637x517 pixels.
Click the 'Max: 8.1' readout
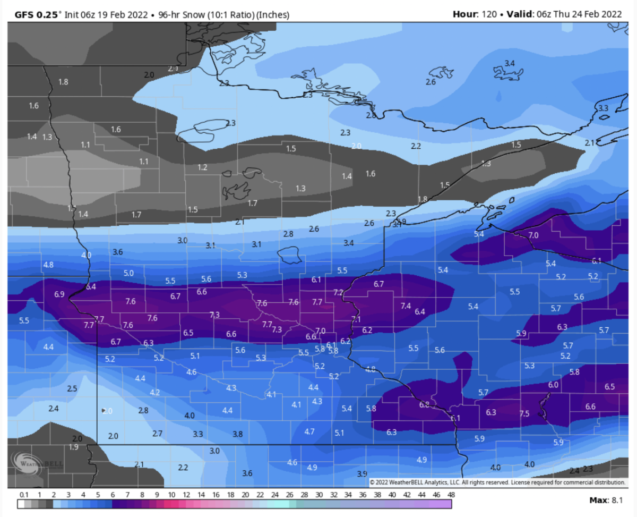click(x=605, y=500)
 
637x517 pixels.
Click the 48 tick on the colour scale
click(x=450, y=495)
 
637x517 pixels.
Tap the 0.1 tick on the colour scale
click(x=24, y=495)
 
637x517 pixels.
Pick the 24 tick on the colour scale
click(x=274, y=495)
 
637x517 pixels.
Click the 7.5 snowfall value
click(x=524, y=413)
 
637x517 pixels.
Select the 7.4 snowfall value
click(x=406, y=306)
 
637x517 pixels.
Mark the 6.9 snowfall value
click(x=59, y=294)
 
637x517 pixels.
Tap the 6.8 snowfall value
click(x=424, y=404)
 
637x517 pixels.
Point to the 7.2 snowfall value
click(x=338, y=292)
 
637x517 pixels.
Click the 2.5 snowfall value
click(x=73, y=388)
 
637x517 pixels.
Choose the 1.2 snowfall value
click(x=202, y=167)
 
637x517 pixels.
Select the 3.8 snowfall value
click(x=238, y=434)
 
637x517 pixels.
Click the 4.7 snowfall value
click(x=309, y=431)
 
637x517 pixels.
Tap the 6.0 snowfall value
click(x=553, y=385)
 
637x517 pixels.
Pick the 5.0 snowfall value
click(x=128, y=273)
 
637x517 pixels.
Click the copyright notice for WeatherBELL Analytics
click(x=497, y=482)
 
